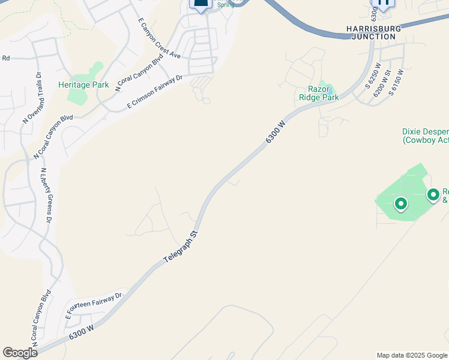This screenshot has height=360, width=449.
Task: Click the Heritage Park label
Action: point(83,85)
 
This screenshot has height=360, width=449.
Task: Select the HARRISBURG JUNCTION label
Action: point(372,32)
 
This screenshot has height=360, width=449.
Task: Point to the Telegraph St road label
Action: point(181,246)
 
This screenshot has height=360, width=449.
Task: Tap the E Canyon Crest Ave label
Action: point(159,38)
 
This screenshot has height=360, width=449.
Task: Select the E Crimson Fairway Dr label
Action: point(155,92)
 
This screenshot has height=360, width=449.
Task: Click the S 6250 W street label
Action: point(372,76)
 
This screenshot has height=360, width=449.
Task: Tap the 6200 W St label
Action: point(382,82)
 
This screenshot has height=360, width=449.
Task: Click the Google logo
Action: point(20,352)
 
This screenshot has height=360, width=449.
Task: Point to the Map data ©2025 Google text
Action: point(412,355)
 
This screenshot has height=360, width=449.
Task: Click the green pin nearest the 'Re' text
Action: point(433,194)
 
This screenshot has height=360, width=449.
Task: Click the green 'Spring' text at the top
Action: point(226,5)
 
